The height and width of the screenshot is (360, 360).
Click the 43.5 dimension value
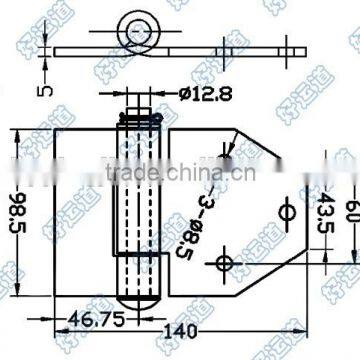coord(327,213)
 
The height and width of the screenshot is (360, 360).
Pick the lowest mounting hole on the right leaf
coord(222,263)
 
